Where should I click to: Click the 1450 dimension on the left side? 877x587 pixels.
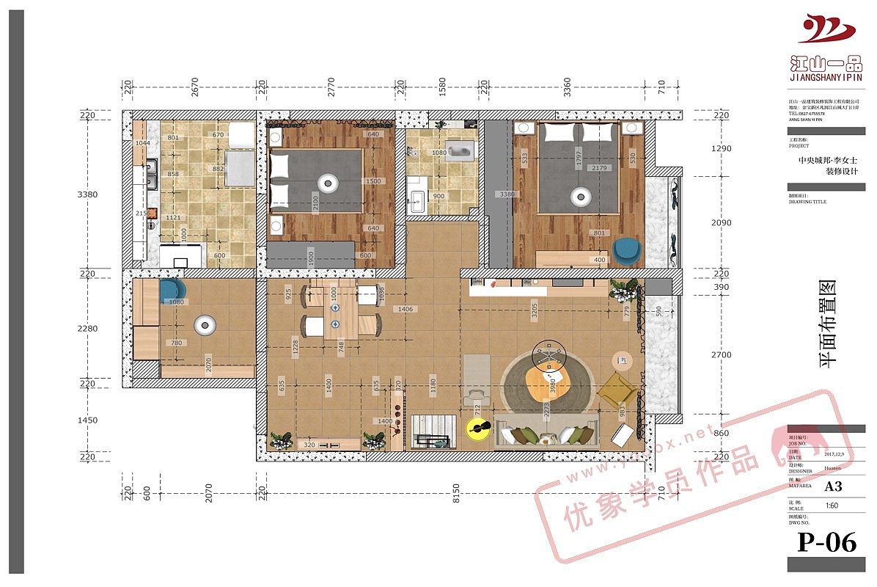coord(88,420)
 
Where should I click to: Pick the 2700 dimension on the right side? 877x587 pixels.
coord(721,354)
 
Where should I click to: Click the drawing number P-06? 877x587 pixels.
coord(826,542)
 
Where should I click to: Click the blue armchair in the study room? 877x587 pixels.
coord(172,291)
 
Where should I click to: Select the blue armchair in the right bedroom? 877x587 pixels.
coord(626,250)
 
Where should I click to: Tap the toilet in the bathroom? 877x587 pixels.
coord(460,152)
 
